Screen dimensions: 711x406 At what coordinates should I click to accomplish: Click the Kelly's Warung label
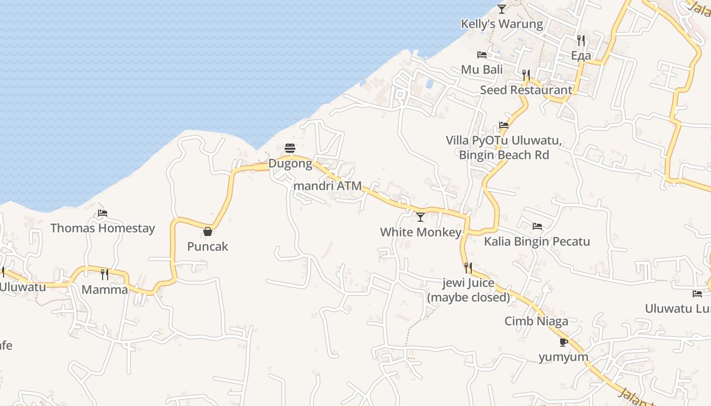[x=502, y=24]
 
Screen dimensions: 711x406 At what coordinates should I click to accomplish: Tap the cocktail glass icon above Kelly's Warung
[x=502, y=9]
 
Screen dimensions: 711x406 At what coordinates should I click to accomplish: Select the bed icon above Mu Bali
[x=482, y=55]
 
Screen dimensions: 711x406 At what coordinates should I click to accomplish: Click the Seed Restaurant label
[x=526, y=90]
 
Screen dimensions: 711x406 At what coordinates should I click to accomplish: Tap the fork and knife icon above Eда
[x=581, y=40]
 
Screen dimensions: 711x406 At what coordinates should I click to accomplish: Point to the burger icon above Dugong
[x=290, y=148]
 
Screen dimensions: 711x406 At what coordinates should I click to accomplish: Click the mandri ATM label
[x=328, y=186]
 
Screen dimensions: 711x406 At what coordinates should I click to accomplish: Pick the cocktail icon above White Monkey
[x=421, y=217]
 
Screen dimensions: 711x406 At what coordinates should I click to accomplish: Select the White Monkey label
[x=421, y=232]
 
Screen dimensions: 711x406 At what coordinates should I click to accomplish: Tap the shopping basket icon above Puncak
[x=208, y=231]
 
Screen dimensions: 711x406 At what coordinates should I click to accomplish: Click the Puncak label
[x=208, y=247]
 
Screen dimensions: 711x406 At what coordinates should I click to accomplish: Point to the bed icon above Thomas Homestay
[x=103, y=213]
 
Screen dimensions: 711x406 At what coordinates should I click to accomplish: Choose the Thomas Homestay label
[x=103, y=228]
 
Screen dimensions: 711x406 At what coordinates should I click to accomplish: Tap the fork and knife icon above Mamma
[x=105, y=275]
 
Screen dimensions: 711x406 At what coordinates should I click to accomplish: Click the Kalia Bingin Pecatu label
[x=537, y=241]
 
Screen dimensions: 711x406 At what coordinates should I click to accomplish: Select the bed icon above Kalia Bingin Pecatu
[x=537, y=226]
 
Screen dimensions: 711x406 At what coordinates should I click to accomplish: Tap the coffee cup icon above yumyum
[x=564, y=342]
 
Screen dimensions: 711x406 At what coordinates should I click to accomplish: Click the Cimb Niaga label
[x=536, y=321]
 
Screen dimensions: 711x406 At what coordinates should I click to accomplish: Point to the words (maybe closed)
[x=468, y=297]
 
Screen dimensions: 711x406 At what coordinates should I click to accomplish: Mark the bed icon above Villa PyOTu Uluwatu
[x=504, y=125]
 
